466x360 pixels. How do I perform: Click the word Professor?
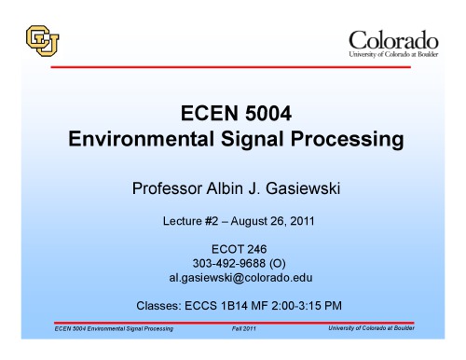(x=168, y=189)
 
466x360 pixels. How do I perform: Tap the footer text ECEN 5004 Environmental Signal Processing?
(x=114, y=329)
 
